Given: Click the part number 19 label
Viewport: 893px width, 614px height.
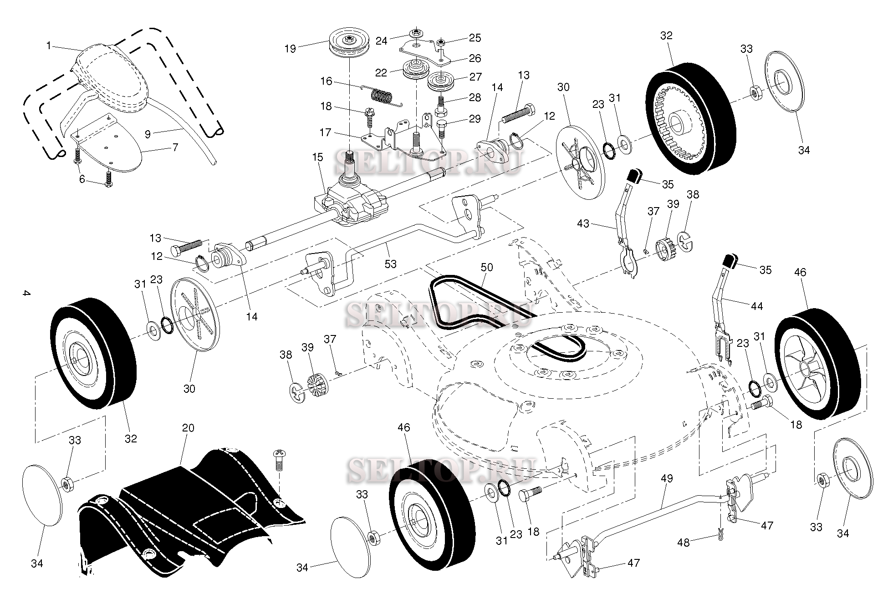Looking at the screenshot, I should tap(290, 48).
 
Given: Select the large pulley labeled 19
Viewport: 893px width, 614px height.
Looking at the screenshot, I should tap(348, 41).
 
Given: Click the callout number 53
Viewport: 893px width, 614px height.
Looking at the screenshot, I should tap(390, 264).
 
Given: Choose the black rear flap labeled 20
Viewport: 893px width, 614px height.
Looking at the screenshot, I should tap(191, 510).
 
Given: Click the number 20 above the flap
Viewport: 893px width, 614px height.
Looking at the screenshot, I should tap(188, 428).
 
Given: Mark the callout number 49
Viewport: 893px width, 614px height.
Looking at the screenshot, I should tap(666, 478).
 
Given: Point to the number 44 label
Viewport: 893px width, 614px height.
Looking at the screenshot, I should tap(756, 306).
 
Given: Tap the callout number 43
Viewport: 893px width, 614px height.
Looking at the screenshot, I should tap(582, 223).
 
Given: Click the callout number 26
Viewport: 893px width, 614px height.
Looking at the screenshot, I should tap(475, 58).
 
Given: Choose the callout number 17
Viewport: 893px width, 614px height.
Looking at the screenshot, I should tap(325, 132).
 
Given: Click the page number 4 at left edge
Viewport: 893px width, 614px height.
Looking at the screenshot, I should tap(26, 294).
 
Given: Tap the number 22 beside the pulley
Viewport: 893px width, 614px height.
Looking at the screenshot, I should tap(381, 73).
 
